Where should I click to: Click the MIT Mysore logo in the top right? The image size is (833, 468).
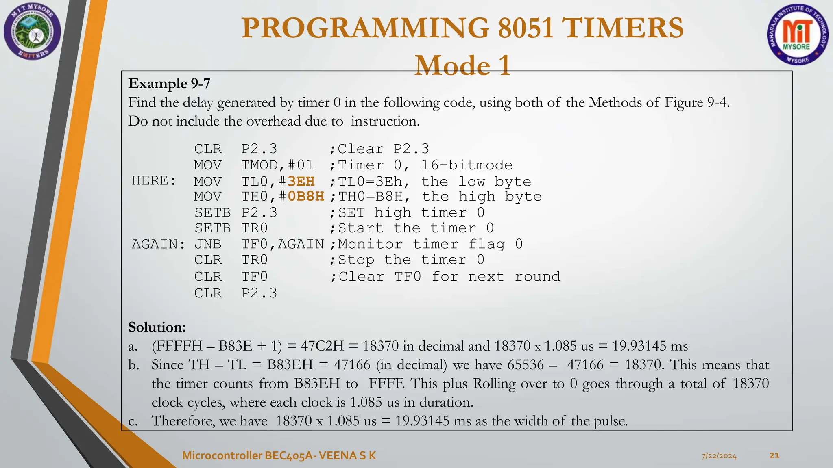(x=798, y=35)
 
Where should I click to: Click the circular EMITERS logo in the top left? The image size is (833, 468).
(x=32, y=32)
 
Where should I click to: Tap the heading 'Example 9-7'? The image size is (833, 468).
(x=169, y=83)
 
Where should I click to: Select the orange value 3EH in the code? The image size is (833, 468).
(x=301, y=181)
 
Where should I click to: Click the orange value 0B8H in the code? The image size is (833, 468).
(x=306, y=197)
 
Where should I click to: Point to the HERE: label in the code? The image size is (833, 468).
(x=154, y=180)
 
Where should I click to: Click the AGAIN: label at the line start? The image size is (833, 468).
(x=159, y=244)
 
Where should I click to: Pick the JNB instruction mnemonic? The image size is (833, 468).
(x=208, y=244)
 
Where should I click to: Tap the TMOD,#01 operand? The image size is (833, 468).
(x=277, y=165)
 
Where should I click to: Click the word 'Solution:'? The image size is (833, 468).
(x=157, y=327)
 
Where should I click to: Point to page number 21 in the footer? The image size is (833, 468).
(x=774, y=455)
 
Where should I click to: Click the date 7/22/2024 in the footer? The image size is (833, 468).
(x=719, y=456)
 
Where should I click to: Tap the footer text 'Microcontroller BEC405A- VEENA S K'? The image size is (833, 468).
(x=279, y=455)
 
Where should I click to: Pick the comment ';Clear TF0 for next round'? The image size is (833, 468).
(x=445, y=277)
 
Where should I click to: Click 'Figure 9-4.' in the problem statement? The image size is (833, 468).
(x=697, y=102)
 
